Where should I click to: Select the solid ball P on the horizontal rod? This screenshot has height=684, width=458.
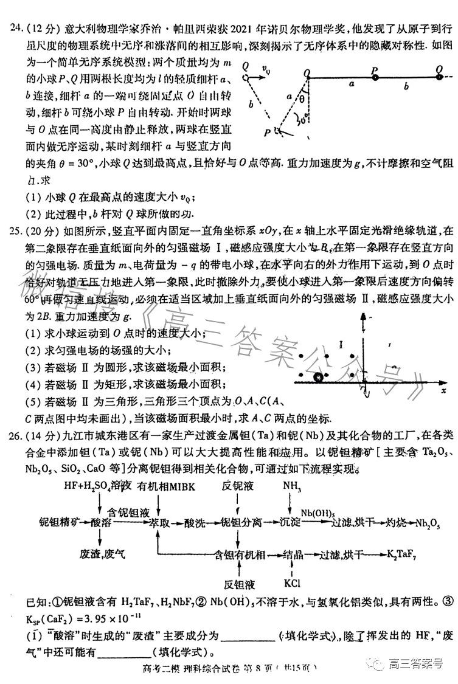(x=375, y=77)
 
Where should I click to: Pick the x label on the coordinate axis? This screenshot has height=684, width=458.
(x=444, y=391)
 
